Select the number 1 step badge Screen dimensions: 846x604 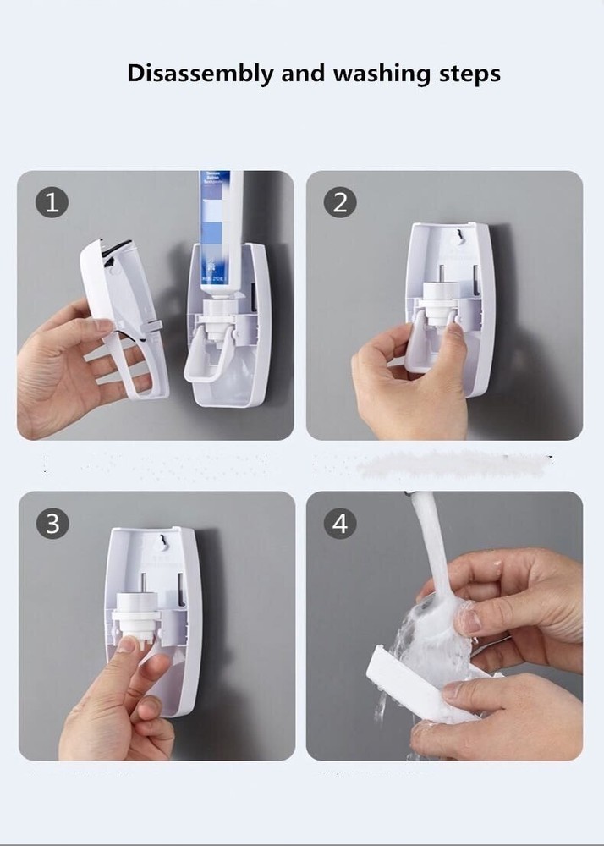52,203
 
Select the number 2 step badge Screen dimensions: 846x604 340,203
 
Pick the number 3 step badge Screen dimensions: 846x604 52,524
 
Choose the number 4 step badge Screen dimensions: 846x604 340,524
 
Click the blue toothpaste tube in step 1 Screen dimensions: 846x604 220,228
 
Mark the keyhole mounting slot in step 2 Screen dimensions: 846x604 458,232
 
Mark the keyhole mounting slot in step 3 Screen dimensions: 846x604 158,537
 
